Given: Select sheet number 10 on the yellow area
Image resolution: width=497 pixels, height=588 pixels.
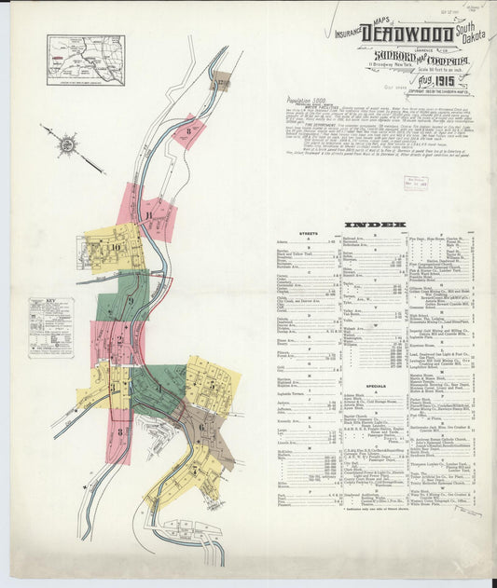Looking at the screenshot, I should click(116, 247).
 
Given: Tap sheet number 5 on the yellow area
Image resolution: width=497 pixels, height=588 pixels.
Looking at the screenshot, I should click(214, 383).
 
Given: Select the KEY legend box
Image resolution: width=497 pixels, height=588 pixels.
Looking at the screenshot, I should click(50, 328).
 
